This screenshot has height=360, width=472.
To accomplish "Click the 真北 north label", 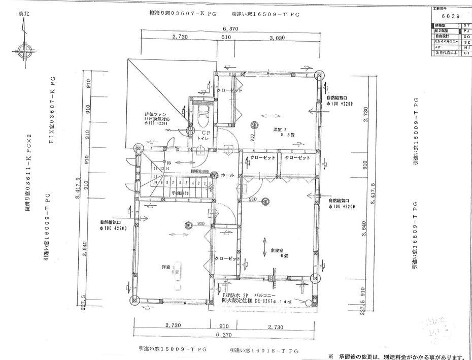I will click(23, 14).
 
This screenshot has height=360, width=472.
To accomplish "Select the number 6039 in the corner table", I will click(450, 16).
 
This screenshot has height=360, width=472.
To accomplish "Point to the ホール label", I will click(227, 175).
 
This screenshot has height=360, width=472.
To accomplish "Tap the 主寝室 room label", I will click(277, 250).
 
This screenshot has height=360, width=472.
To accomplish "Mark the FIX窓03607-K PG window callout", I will click(52, 111).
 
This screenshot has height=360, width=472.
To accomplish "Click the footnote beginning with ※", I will click(396, 355).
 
